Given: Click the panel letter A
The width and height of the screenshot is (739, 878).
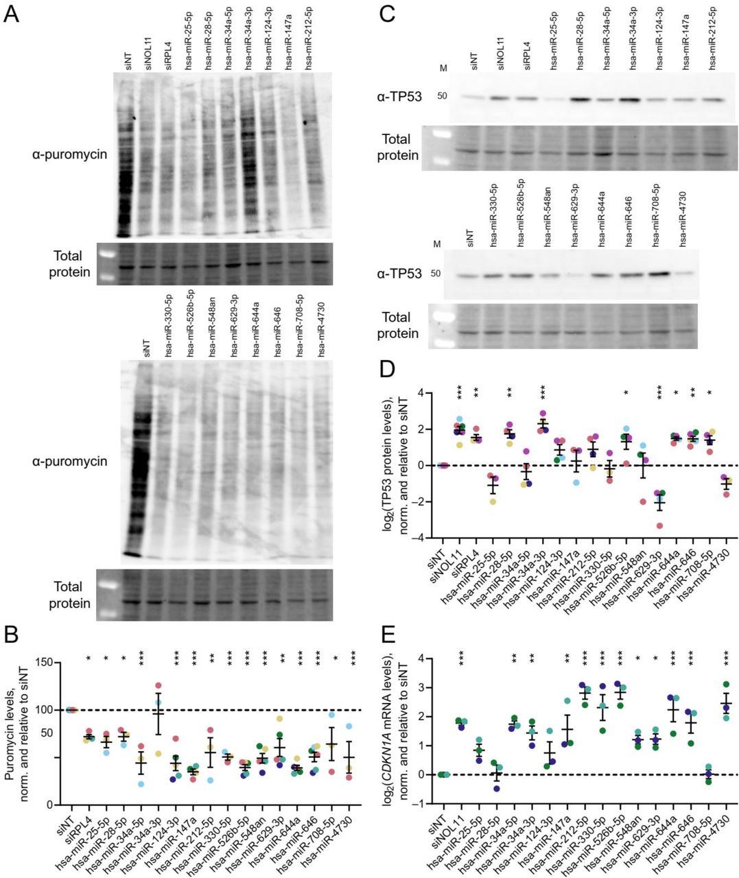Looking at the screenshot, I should coord(12,13).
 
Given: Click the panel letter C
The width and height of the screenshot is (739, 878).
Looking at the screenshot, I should coord(386,13).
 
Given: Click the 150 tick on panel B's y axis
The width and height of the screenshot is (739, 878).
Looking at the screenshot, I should coord(44,663).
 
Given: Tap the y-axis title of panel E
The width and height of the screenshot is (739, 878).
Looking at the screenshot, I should coord(403,731).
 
